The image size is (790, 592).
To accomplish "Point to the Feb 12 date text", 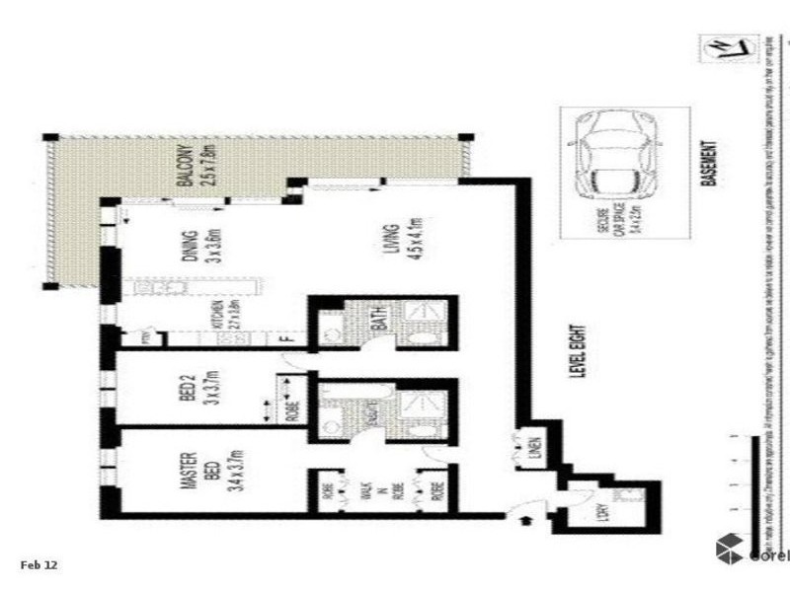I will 39,564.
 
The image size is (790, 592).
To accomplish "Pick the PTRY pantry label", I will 143,338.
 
